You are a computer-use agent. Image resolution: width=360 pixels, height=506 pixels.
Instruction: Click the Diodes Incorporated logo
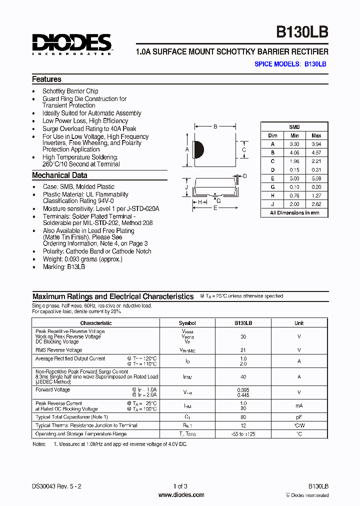point(71,44)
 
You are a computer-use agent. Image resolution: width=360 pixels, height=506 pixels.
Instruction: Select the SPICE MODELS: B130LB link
point(290,64)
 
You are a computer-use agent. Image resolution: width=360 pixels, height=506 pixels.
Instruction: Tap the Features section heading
point(46,79)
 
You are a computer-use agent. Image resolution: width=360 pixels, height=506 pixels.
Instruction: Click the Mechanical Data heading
point(59,175)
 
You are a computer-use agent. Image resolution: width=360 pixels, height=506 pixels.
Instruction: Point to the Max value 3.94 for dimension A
point(316,143)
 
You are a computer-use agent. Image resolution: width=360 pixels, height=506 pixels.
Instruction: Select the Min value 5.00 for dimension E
point(294,178)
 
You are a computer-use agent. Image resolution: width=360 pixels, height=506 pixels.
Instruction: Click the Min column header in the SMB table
point(294,135)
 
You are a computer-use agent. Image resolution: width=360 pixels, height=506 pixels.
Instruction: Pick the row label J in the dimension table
point(272,204)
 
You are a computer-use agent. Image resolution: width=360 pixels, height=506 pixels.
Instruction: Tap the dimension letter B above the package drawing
point(215,127)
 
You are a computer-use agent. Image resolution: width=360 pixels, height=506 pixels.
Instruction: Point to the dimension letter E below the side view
point(215,208)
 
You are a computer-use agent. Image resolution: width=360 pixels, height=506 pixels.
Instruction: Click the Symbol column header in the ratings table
point(187,323)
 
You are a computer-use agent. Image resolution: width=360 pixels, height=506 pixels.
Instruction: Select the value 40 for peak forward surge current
point(243,376)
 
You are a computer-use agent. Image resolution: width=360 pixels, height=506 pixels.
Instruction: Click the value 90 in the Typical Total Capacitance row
point(243,416)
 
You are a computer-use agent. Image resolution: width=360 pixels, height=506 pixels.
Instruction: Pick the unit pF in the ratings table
point(298,416)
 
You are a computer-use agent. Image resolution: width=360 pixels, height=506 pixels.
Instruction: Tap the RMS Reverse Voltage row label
point(58,350)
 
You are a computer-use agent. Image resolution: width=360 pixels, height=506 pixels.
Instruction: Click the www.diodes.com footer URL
point(181,495)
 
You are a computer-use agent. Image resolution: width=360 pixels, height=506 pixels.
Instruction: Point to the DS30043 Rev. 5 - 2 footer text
point(56,486)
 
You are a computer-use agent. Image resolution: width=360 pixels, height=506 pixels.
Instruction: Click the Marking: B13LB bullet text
point(63,267)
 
